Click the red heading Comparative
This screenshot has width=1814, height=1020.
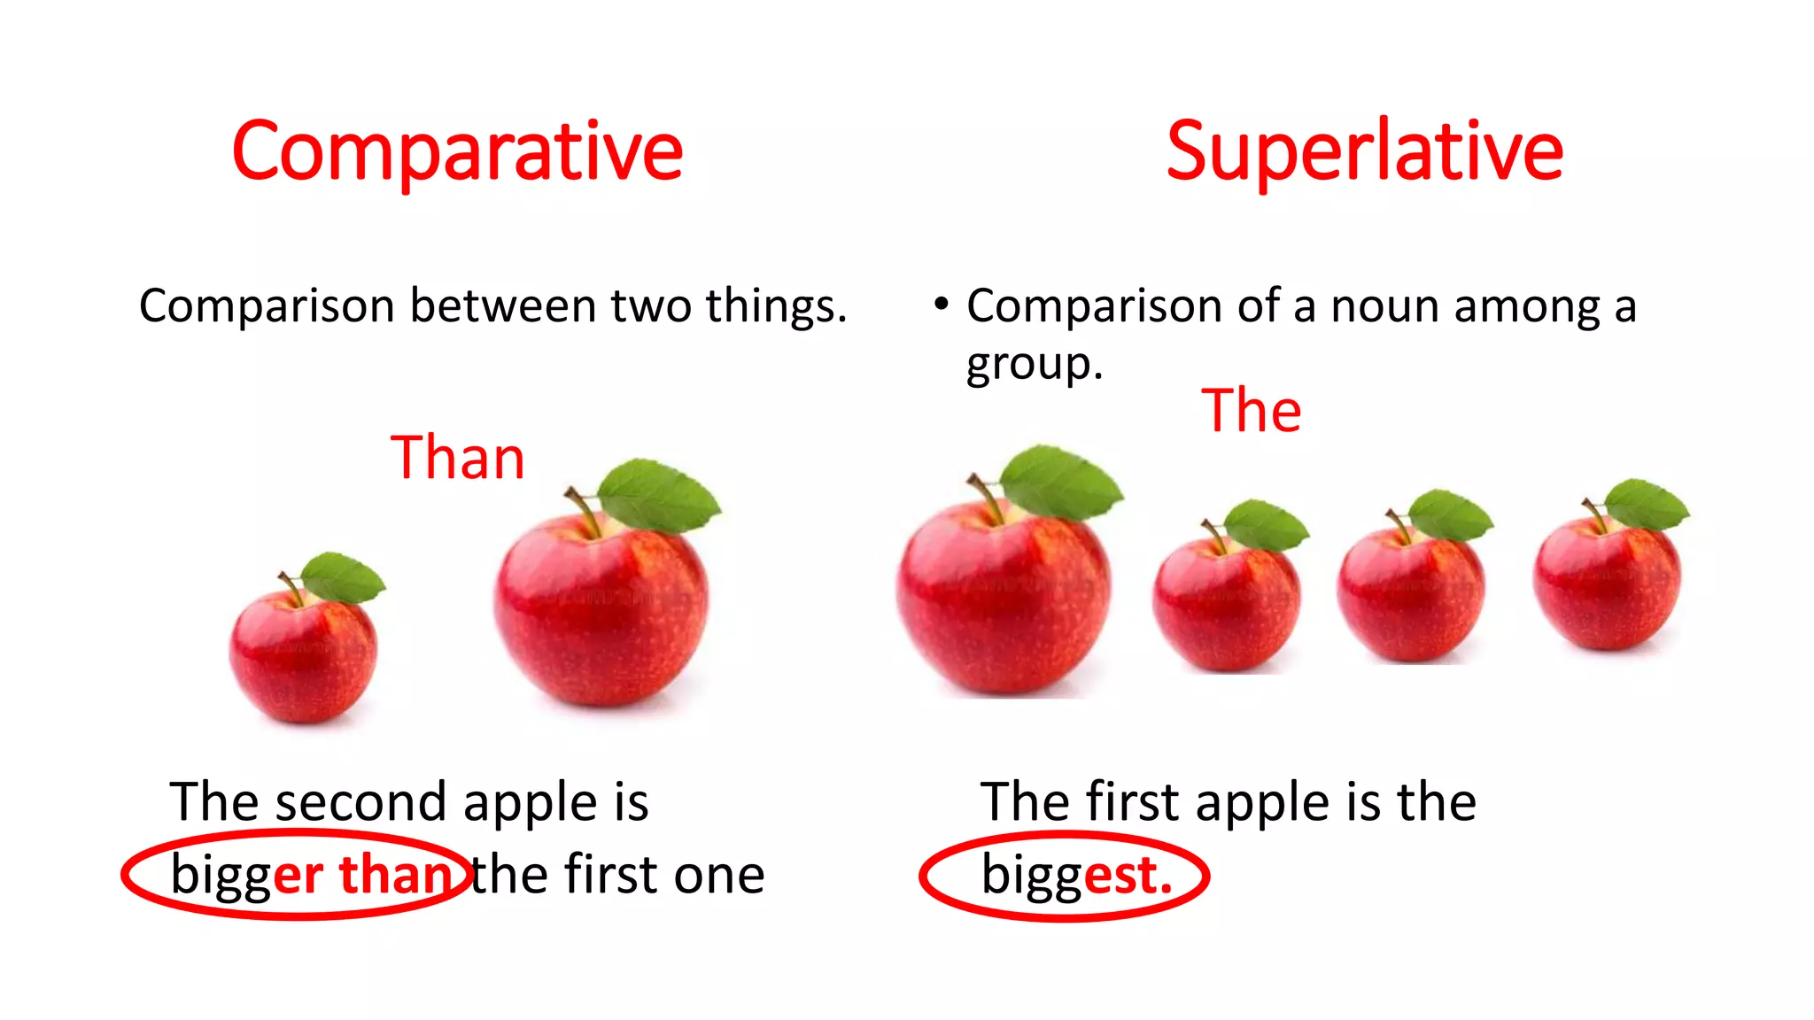pos(457,152)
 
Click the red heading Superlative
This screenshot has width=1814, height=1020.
pos(1364,152)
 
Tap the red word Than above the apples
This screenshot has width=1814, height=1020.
pos(458,458)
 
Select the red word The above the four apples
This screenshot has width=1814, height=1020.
pos(1251,411)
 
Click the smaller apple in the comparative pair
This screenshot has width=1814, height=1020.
pos(303,655)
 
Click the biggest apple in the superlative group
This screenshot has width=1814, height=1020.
pos(1003,602)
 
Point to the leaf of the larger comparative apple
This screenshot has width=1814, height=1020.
pos(659,495)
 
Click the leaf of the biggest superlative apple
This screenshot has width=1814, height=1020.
pos(1061,483)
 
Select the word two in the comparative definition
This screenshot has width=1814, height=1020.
pos(654,306)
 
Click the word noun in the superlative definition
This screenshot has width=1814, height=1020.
pos(1388,306)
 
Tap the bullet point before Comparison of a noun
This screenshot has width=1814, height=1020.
pos(942,305)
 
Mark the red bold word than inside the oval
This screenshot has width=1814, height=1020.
pos(396,875)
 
